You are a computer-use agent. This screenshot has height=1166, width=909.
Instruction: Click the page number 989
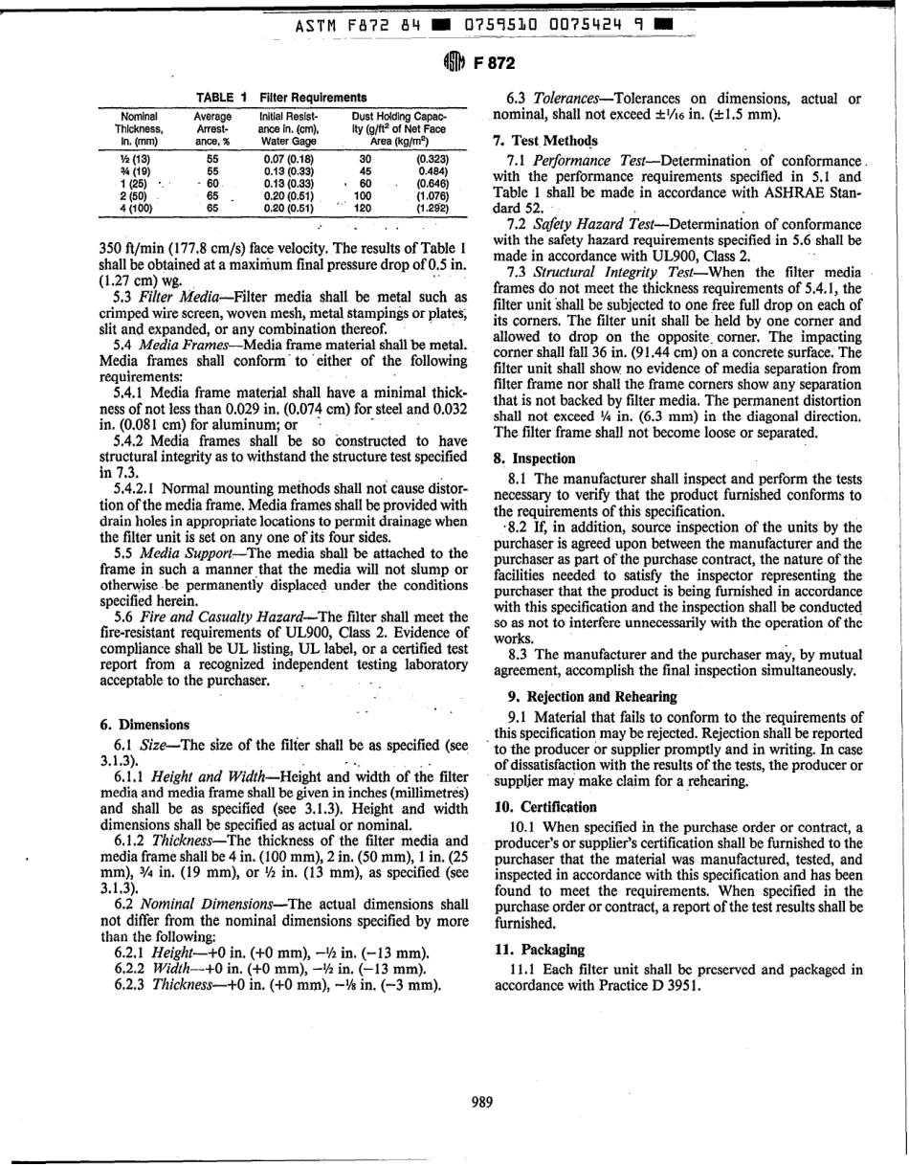point(483,1102)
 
